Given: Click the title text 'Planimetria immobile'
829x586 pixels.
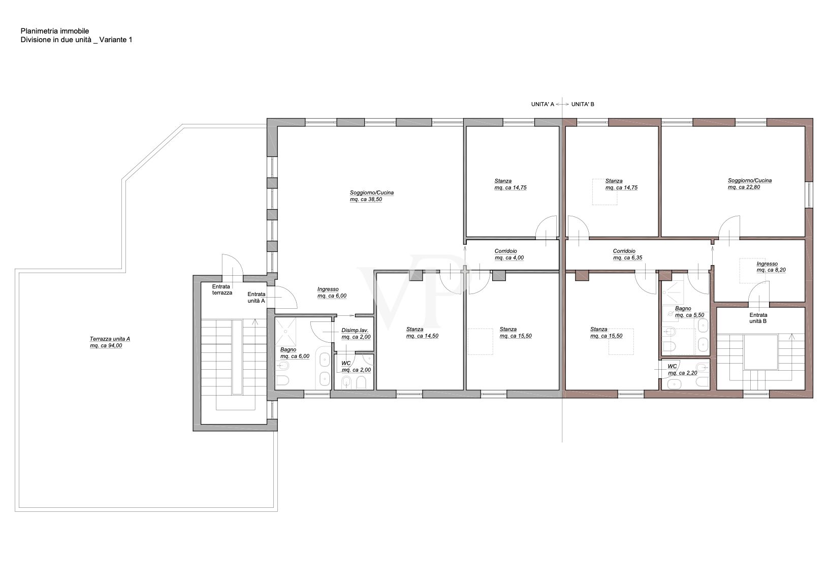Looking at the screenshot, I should coord(54,31).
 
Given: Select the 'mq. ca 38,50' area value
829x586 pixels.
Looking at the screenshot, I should coord(365,200).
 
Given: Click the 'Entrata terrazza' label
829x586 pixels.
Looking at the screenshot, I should coord(222,290).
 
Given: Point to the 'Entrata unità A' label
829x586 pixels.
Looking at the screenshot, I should coord(256,298).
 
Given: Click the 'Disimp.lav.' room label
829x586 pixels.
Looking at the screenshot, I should coord(355,330).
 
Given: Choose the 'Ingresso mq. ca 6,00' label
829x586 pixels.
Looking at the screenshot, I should coord(332,292).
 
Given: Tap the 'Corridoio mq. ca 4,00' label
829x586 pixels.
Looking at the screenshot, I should coord(508,254).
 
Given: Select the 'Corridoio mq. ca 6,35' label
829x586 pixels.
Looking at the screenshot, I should coord(627,254).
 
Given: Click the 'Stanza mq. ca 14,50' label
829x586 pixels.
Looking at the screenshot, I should coord(422,333).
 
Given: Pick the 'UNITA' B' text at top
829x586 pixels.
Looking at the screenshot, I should coord(583,104).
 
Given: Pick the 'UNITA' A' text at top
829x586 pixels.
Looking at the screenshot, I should coord(542,104).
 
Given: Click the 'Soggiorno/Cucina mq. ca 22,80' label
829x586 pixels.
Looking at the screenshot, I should coord(749,184).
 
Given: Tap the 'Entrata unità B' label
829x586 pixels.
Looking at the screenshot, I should coord(758,318).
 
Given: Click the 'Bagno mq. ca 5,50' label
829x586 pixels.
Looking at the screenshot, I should coord(689,312).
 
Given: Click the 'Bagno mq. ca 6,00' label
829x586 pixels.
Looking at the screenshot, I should coord(295,353).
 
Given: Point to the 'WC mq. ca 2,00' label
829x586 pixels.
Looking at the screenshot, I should coord(356,367).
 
